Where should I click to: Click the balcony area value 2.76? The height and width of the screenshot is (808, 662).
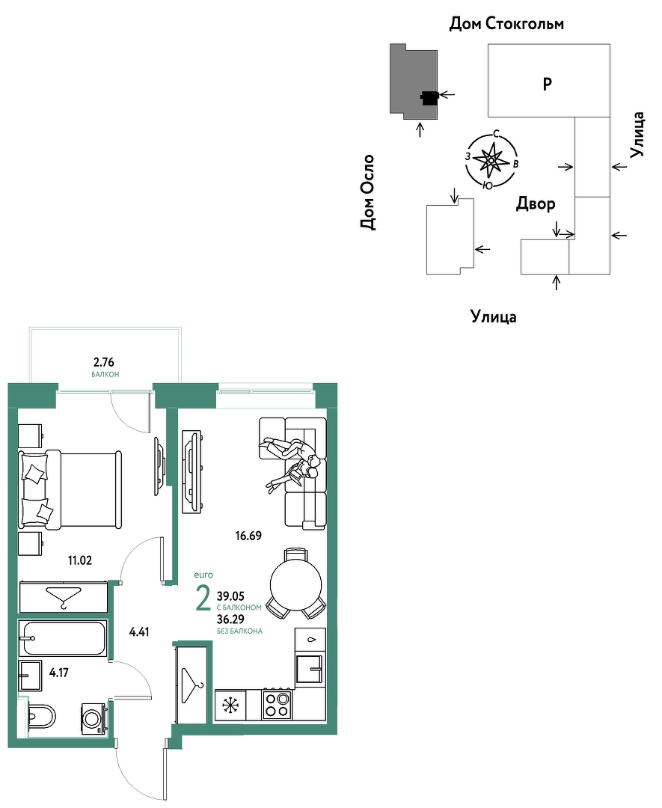(x=105, y=362)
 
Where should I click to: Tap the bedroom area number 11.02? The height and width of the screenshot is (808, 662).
(x=80, y=560)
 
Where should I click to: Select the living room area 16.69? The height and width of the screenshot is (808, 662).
(x=248, y=536)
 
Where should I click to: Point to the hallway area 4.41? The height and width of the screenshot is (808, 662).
(x=139, y=631)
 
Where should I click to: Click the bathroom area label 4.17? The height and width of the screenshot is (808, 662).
(x=59, y=673)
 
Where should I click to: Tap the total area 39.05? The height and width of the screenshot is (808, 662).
(x=230, y=596)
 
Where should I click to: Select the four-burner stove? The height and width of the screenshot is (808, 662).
(x=278, y=705)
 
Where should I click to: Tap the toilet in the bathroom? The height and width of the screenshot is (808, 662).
(x=40, y=715)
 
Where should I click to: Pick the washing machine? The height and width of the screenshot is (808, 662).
(x=94, y=717)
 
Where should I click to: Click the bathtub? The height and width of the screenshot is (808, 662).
(x=63, y=638)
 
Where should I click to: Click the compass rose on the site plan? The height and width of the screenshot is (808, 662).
(x=491, y=161)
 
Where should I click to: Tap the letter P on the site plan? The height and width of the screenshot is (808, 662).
(x=548, y=83)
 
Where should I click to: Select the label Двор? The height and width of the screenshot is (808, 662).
(x=536, y=204)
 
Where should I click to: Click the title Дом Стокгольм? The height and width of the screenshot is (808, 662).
(x=507, y=24)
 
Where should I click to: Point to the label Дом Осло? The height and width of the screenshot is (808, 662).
(x=367, y=192)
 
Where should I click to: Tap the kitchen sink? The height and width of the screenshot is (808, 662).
(x=310, y=668)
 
